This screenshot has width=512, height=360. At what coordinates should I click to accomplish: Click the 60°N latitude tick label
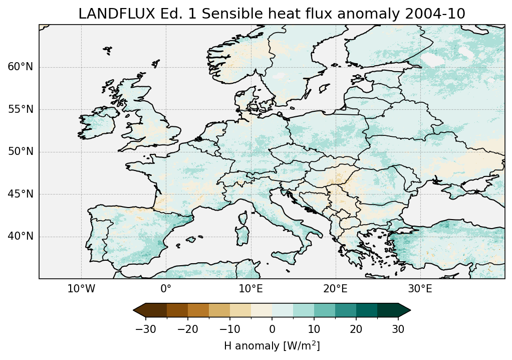pyautogui.click(x=21, y=67)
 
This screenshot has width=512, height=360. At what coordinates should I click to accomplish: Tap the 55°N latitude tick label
pyautogui.click(x=21, y=110)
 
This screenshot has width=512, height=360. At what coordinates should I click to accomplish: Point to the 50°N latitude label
pyautogui.click(x=21, y=152)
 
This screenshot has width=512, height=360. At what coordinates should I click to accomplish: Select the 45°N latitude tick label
pyautogui.click(x=21, y=194)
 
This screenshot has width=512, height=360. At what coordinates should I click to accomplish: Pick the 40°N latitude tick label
pyautogui.click(x=21, y=236)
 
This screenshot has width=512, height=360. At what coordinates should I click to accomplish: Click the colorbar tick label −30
pyautogui.click(x=145, y=329)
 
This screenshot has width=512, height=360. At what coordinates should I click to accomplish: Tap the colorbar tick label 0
pyautogui.click(x=272, y=329)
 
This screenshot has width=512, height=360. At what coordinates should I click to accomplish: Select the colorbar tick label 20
pyautogui.click(x=356, y=329)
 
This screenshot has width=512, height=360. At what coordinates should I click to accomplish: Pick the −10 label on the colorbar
pyautogui.click(x=229, y=329)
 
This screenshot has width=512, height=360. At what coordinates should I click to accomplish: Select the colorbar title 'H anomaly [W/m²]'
pyautogui.click(x=272, y=345)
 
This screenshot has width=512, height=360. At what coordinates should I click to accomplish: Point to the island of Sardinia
pyautogui.click(x=243, y=235)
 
